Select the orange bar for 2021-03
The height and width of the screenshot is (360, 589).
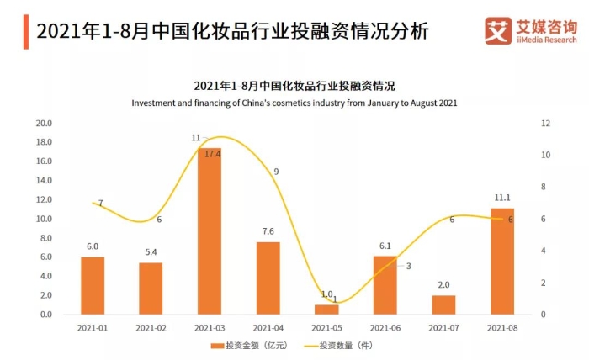coord(210,231)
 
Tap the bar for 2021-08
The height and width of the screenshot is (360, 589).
coord(502,261)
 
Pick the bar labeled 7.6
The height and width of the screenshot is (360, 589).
coord(268,278)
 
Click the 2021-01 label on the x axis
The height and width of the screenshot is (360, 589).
coord(93,327)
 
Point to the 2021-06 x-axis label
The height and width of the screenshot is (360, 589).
coord(385,327)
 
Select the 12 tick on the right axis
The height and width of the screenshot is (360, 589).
coord(546,123)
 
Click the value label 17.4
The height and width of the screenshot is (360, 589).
coord(212,154)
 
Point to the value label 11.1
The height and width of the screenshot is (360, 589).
coord(503,199)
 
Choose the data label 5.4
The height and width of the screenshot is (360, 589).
coord(151,252)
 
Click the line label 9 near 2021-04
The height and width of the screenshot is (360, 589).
coord(276,172)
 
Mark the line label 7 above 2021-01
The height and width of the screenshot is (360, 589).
coord(100,204)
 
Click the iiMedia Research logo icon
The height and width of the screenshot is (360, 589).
coord(496,30)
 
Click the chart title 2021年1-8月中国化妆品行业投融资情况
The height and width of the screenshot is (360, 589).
coord(294,86)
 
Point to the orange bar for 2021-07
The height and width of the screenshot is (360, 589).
coord(443,304)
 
